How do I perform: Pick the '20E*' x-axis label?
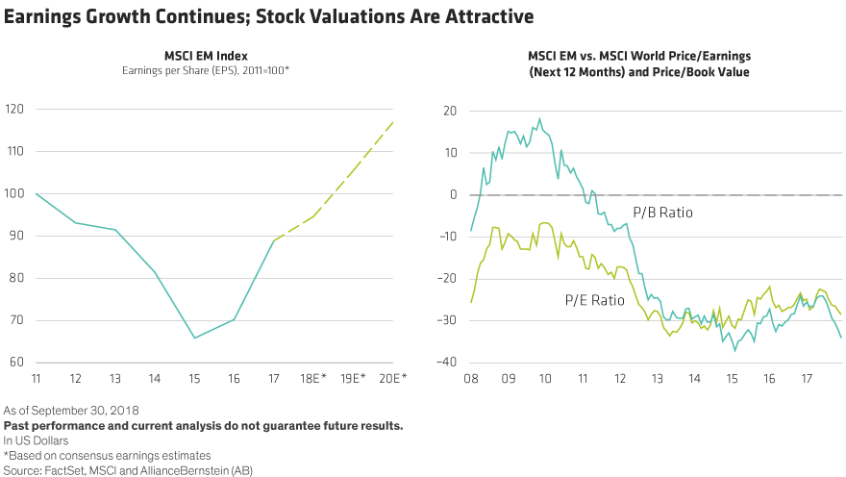[392, 380]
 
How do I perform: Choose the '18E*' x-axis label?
[313, 380]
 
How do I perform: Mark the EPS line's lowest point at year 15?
[194, 338]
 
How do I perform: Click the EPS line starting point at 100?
[37, 193]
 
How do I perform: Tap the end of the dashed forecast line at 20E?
[392, 122]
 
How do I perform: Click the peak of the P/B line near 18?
[539, 119]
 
